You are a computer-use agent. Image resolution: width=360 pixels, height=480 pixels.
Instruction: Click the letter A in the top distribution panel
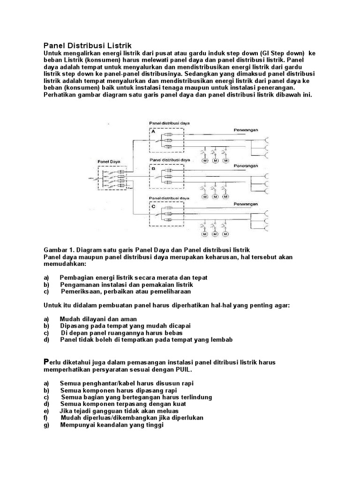152,133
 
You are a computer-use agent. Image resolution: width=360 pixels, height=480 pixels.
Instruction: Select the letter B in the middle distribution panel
152,167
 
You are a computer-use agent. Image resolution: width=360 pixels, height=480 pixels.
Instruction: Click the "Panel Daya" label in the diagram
109,161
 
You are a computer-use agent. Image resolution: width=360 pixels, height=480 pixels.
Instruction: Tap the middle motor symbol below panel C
216,233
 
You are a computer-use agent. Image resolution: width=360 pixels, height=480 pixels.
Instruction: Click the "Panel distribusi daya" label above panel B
170,160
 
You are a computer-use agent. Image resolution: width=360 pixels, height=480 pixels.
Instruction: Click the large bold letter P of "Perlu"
46,361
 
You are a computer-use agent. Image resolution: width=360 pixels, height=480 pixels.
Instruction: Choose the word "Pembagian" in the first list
76,277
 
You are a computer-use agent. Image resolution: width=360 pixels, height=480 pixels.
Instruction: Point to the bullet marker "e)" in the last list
46,411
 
